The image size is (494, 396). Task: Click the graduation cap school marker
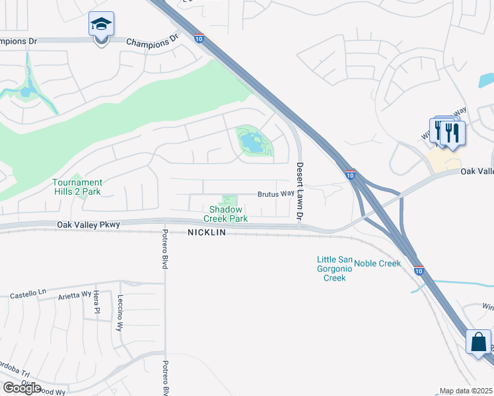[x=101, y=25]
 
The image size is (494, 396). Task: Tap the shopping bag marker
[x=478, y=343]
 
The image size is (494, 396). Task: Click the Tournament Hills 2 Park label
[x=78, y=187]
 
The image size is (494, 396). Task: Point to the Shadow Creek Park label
[x=225, y=214]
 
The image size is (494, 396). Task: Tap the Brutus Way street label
[x=276, y=194]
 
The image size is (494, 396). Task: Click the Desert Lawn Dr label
[x=300, y=191]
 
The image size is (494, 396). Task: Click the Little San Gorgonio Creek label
[x=334, y=269]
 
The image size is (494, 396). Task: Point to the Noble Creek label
[x=378, y=263]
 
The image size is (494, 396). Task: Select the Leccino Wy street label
[x=120, y=313]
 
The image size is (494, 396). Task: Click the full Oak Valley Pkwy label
[x=88, y=225]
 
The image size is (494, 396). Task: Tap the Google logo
[x=22, y=388]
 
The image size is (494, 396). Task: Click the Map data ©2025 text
[x=466, y=391]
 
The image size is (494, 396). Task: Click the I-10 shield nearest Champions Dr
[x=199, y=39]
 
